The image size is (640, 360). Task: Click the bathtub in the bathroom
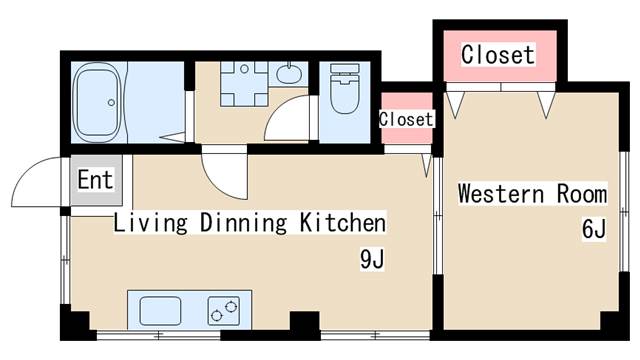(97, 102)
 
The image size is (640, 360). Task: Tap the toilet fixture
(345, 88)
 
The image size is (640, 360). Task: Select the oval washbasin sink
(289, 74)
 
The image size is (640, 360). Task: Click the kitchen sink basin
(160, 311)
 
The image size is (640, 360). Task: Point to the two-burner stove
(224, 311)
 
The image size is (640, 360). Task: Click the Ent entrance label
(95, 180)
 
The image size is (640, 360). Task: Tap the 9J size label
(372, 259)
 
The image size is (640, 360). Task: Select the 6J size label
(594, 229)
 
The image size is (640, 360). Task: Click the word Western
(501, 194)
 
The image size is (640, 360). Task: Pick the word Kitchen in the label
(343, 223)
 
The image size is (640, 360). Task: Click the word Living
(150, 223)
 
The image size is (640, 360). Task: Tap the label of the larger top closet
(498, 55)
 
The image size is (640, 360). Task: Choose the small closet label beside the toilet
(406, 119)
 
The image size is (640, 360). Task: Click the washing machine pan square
(244, 84)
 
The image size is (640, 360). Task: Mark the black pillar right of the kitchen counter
(305, 325)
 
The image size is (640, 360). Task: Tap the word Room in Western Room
(582, 194)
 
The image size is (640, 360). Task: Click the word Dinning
(244, 223)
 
